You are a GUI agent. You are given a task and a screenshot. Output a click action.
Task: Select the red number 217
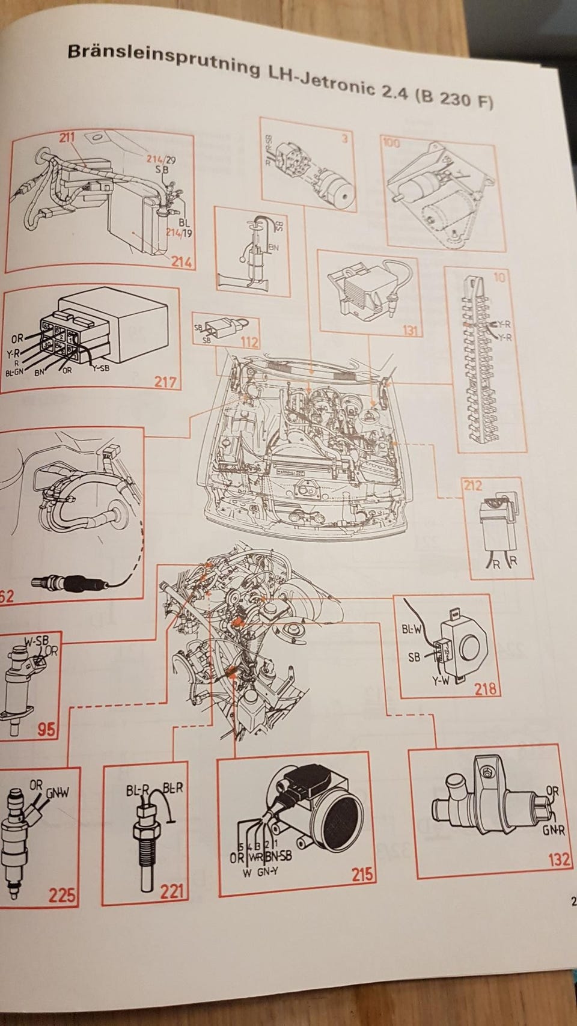(164, 382)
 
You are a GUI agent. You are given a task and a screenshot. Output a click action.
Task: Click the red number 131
(411, 330)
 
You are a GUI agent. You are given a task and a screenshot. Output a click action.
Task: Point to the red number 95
(46, 730)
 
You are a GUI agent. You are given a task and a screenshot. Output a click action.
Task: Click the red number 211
(67, 138)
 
